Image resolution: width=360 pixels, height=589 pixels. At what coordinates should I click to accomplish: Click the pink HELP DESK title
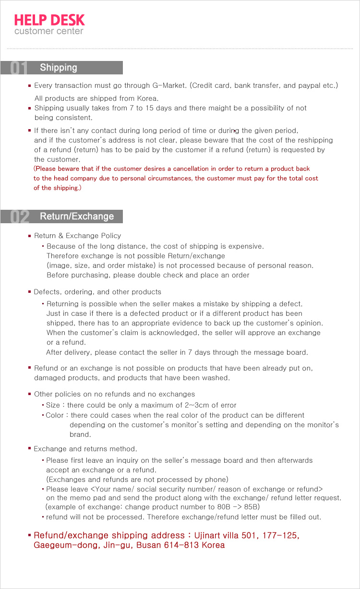tap(49, 20)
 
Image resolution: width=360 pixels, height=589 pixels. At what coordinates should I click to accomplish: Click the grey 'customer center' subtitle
tap(48, 32)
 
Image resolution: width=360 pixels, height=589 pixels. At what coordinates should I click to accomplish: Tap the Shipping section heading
tap(59, 68)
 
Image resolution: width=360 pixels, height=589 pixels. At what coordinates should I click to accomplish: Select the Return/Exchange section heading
tap(77, 216)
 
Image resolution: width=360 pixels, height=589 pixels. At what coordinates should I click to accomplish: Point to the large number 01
tap(19, 68)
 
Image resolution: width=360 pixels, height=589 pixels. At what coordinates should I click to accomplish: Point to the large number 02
tap(19, 217)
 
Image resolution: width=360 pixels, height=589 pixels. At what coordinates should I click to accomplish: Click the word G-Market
tap(169, 85)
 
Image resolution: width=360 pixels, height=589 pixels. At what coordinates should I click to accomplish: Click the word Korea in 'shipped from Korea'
tap(148, 98)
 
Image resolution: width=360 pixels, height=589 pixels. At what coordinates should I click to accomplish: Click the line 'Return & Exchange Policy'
tap(77, 236)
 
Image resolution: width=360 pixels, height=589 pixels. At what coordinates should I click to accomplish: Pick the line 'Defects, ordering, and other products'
tap(97, 292)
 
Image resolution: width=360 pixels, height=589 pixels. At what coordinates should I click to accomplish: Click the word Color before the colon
tap(55, 415)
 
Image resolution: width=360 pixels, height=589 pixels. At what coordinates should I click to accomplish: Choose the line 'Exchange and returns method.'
tap(85, 449)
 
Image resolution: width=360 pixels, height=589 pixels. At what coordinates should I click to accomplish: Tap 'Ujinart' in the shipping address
tap(205, 535)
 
